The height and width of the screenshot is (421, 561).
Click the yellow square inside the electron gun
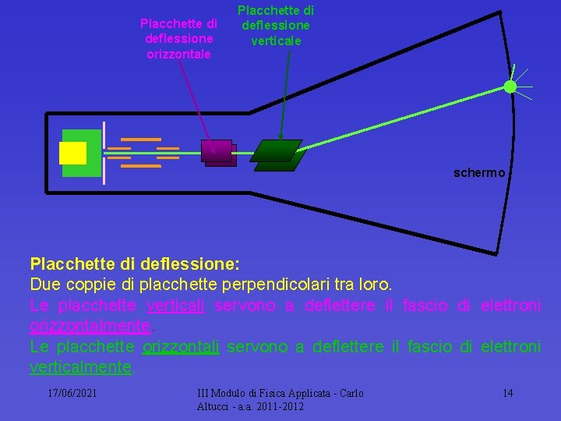coord(72,154)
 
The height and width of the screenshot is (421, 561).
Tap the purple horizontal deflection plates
coord(218,153)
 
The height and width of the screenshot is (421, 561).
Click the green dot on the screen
coord(510,87)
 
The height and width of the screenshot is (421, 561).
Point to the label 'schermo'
coord(479,172)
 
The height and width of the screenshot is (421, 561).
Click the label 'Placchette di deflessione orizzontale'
coord(178,39)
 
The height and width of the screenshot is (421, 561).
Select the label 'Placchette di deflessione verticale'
coord(275,25)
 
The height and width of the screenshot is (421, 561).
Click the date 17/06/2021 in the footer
coord(72,393)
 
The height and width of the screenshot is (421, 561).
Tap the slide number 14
coord(507,393)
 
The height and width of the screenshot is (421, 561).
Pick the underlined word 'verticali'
coord(175,305)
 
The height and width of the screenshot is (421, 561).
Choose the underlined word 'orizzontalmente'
coord(89,325)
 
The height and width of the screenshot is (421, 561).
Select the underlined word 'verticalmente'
coord(81,366)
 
